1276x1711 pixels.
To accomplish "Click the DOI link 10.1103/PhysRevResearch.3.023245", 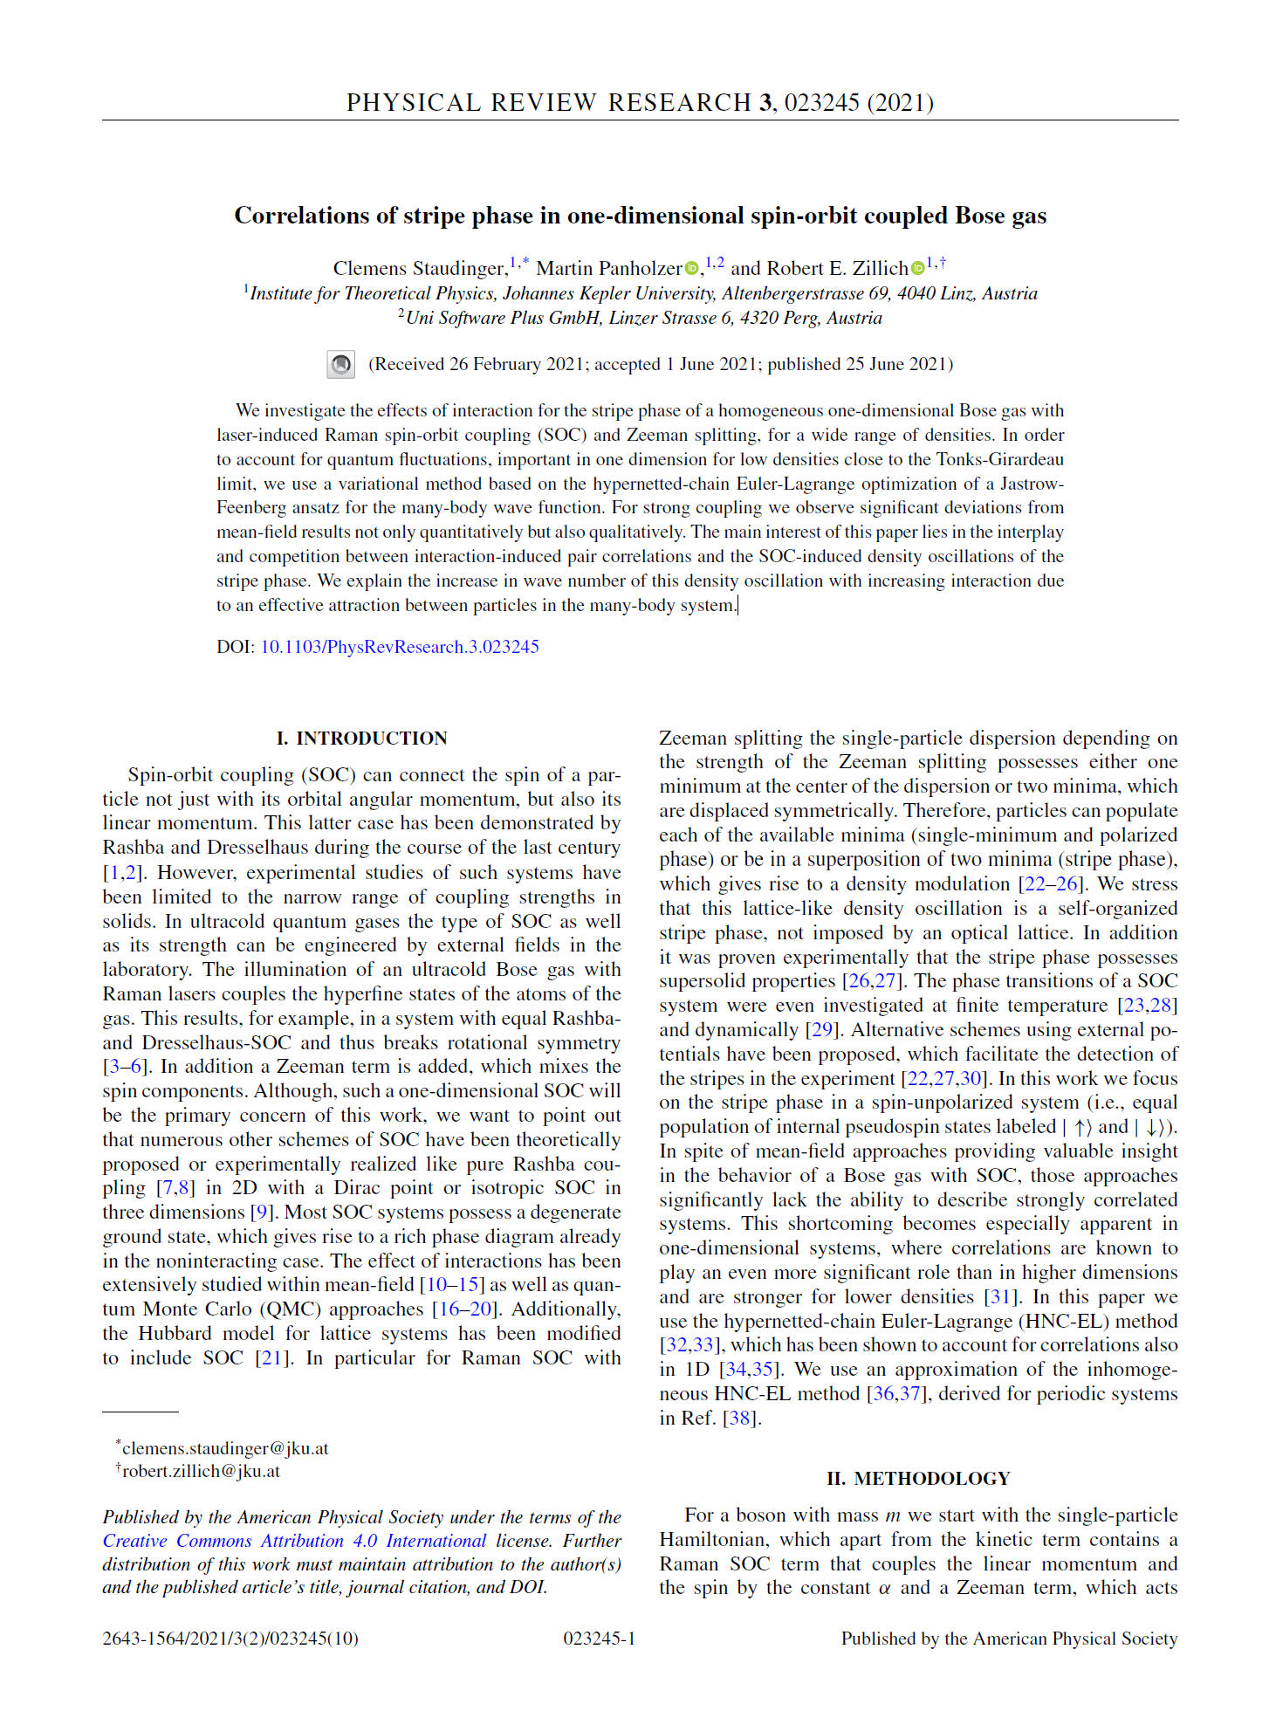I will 400,647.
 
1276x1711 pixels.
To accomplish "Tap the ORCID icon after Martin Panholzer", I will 691,269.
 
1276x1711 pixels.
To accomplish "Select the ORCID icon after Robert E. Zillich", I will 917,269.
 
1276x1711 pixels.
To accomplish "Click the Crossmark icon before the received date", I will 340,364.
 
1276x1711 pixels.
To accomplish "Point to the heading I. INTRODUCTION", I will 361,739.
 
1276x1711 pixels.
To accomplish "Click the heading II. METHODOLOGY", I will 918,1479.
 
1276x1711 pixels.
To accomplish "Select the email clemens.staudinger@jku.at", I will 225,1448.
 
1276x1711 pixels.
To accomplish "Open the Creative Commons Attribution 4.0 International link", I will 294,1541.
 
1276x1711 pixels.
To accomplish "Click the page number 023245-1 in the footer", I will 599,1639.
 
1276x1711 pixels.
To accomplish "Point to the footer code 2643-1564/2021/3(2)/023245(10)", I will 230,1639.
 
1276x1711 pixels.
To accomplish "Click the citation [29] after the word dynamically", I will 821,1030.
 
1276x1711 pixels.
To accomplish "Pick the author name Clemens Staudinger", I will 419,269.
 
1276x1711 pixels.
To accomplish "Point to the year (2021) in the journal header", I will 900,103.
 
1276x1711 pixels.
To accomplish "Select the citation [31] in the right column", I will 1000,1297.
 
